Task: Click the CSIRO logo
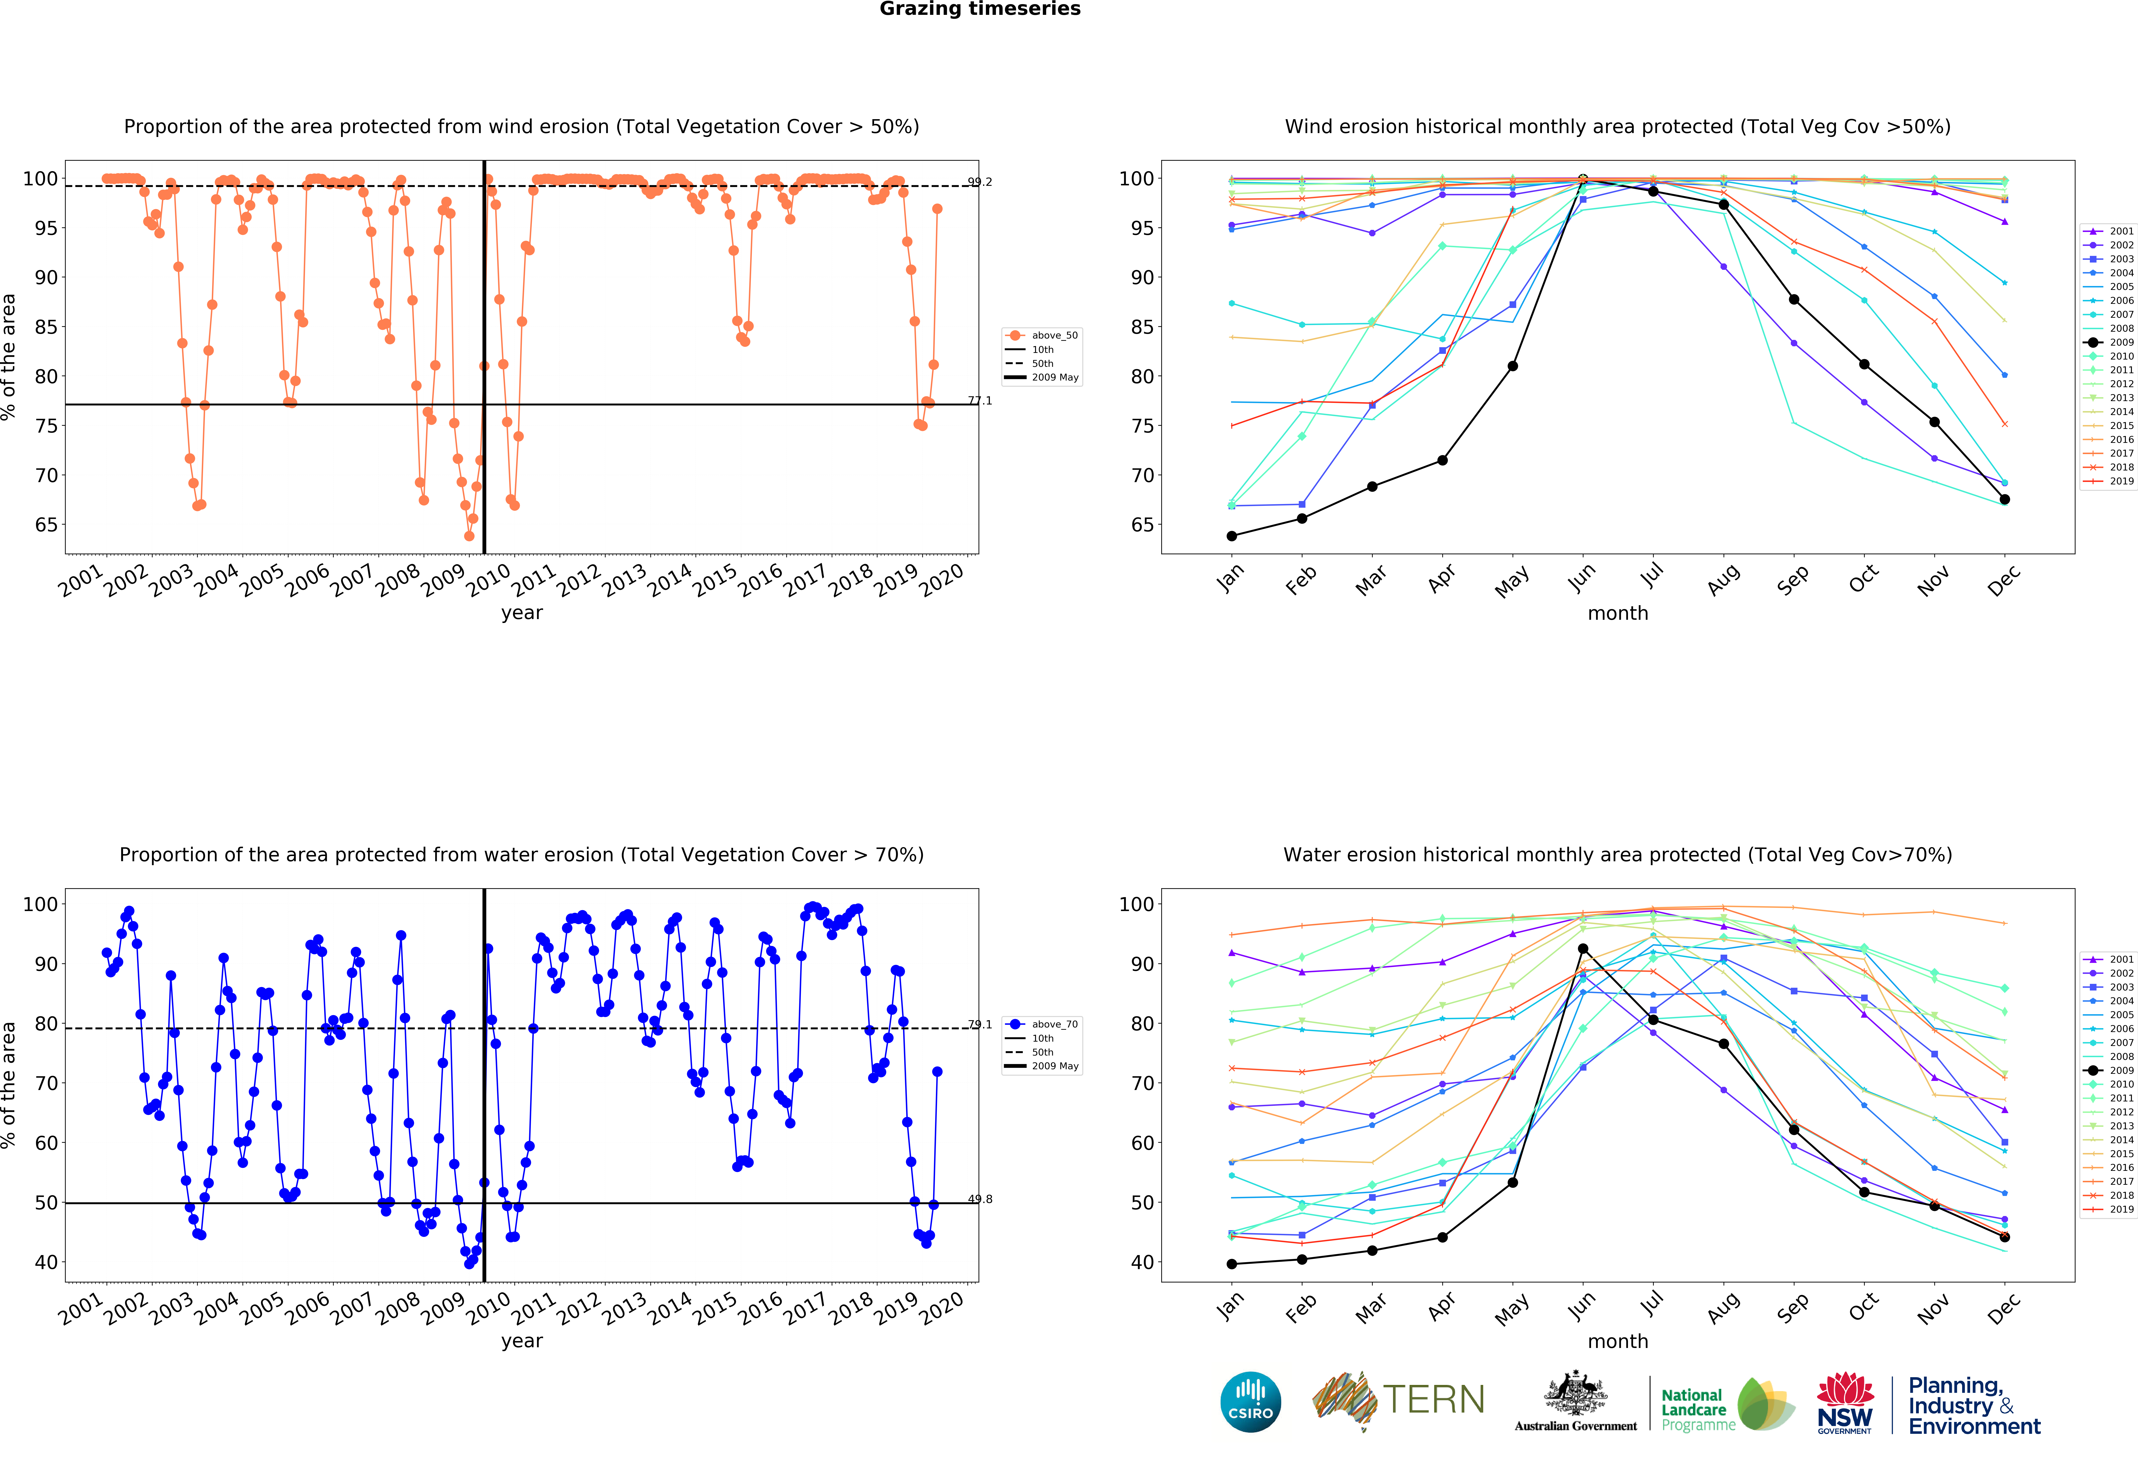(1250, 1402)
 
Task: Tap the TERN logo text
(1433, 1400)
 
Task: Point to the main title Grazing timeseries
(980, 9)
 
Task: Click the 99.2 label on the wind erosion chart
(980, 182)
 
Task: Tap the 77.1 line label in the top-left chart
(980, 400)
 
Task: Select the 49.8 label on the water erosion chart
(980, 1199)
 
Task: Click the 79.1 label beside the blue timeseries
(980, 1025)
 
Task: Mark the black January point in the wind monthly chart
(1232, 536)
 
